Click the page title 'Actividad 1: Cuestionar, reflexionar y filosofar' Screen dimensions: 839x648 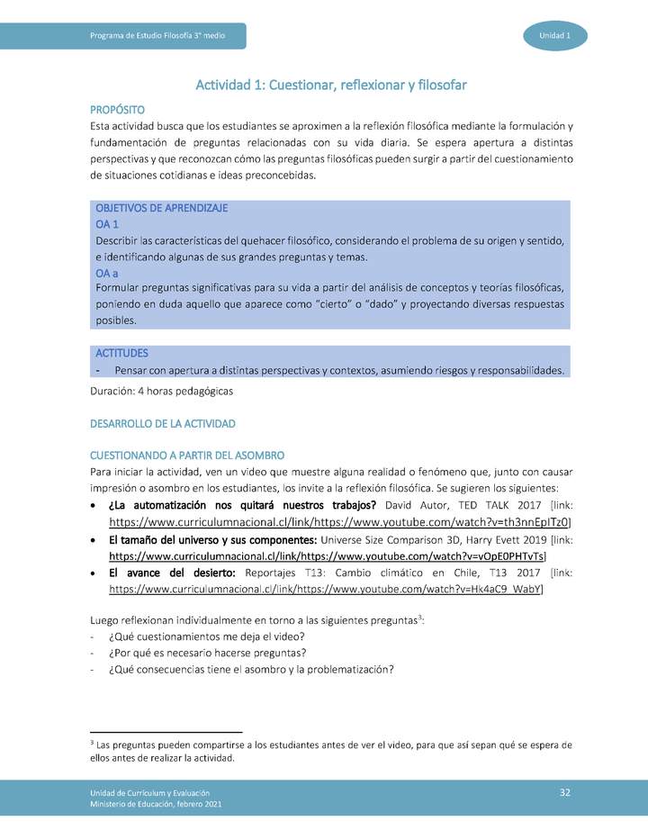pos(331,85)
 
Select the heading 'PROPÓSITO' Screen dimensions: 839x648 pos(117,109)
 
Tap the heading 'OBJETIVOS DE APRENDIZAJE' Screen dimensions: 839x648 pos(161,208)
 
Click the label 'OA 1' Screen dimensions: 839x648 pos(107,224)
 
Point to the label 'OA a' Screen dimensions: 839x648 pos(107,273)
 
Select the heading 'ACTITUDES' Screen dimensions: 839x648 pos(121,353)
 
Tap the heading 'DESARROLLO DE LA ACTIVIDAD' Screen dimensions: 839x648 pos(163,423)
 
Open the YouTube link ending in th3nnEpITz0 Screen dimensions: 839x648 pos(339,521)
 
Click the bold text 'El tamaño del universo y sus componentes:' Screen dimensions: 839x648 pos(175,539)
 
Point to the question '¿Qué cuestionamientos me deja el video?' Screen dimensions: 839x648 pos(203,636)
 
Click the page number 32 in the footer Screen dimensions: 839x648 pos(565,791)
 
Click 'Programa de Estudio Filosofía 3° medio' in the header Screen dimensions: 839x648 pos(157,35)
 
